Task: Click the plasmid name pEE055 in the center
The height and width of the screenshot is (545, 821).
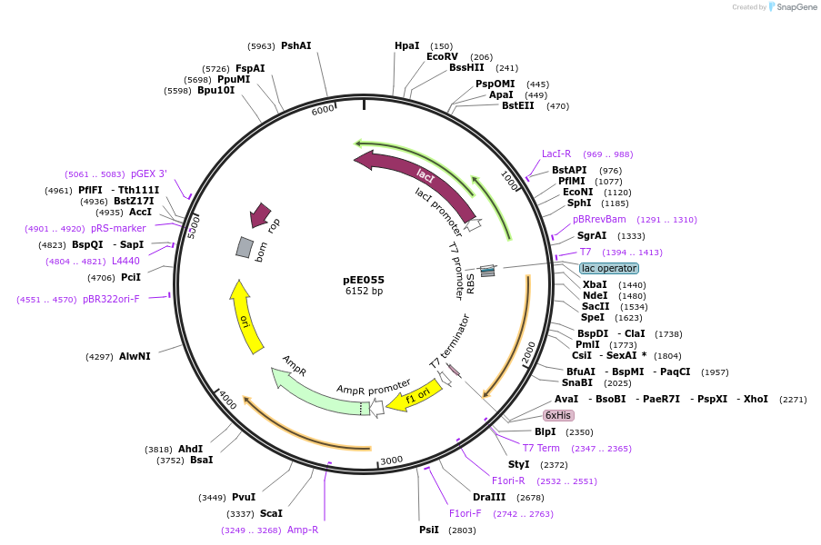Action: tap(364, 280)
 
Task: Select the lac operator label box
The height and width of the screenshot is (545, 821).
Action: tap(609, 268)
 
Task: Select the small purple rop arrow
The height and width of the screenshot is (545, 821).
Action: tap(260, 214)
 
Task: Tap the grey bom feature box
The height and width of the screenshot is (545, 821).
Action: tap(245, 247)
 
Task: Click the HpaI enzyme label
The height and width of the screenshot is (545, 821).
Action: tap(406, 45)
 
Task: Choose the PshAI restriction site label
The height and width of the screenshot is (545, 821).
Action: tap(295, 45)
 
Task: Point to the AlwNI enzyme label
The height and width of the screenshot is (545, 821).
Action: tap(135, 356)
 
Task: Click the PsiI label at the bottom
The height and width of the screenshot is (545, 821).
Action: tap(428, 530)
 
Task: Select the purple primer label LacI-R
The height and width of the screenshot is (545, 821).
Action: tap(556, 154)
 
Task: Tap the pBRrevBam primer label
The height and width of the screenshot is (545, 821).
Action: tap(599, 219)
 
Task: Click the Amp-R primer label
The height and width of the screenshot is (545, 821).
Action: tap(303, 530)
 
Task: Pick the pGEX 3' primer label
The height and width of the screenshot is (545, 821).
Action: tap(149, 173)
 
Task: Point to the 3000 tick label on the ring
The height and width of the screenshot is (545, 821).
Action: tap(391, 461)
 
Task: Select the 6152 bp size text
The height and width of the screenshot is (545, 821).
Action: tap(364, 292)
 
